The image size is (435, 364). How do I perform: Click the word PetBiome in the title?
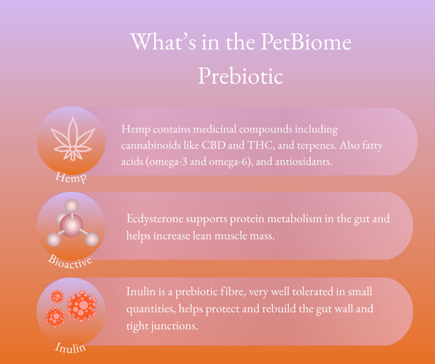[306, 42]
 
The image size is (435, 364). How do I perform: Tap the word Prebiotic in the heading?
[241, 76]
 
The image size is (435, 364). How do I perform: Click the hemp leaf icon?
[73, 139]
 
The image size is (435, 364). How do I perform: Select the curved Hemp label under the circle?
[71, 177]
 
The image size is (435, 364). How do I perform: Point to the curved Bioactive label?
[70, 262]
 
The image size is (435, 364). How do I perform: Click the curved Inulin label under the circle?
[70, 348]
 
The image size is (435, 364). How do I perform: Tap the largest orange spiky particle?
[82, 307]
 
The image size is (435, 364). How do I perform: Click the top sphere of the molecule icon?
[72, 206]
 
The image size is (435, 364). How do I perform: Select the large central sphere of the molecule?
[71, 225]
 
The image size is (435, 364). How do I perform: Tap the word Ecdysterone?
[155, 219]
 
